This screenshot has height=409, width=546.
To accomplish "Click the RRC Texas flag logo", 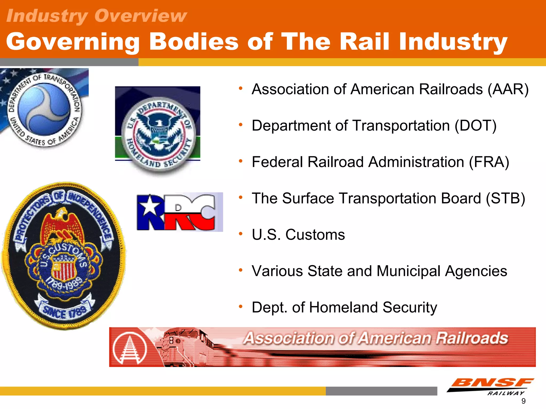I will click(179, 212).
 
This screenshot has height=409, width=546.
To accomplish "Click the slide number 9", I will click(524, 401).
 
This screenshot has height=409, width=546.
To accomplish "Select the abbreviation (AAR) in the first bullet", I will click(508, 89).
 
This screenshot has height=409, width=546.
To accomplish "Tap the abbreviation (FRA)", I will click(489, 162).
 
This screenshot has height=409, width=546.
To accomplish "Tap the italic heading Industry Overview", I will click(97, 16).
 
